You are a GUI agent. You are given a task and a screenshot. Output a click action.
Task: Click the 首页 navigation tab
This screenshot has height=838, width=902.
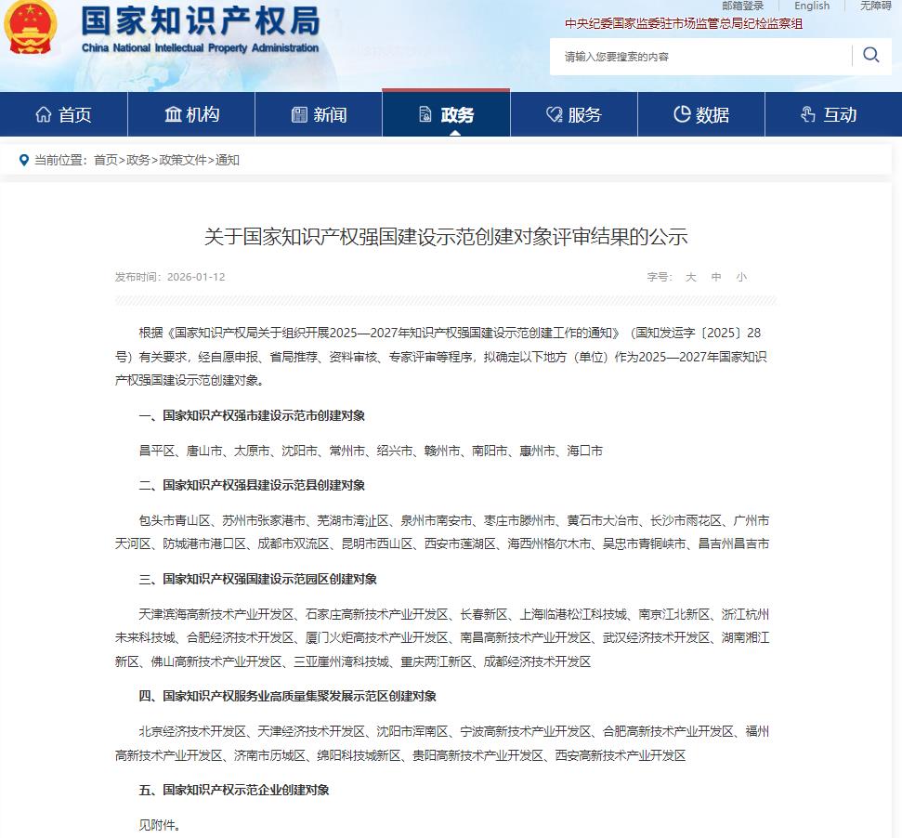pyautogui.click(x=63, y=114)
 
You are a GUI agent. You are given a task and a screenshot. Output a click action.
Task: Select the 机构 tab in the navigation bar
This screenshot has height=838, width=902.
pyautogui.click(x=191, y=114)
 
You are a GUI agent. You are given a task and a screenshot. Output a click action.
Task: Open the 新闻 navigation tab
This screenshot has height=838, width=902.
pyautogui.click(x=319, y=114)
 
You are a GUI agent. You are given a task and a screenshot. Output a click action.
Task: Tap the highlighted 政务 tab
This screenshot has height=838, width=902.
pyautogui.click(x=446, y=114)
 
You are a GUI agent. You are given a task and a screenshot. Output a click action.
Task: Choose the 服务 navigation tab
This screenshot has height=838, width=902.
pyautogui.click(x=573, y=114)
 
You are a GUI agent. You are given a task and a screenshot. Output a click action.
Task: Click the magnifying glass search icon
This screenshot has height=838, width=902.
pyautogui.click(x=870, y=55)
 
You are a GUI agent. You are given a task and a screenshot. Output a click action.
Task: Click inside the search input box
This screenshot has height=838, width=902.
pyautogui.click(x=701, y=57)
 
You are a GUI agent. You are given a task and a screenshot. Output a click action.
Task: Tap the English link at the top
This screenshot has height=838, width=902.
pyautogui.click(x=812, y=6)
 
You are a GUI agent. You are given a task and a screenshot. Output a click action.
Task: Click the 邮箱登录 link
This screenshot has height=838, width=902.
pyautogui.click(x=742, y=6)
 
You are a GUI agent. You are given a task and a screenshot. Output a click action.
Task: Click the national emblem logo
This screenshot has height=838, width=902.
pyautogui.click(x=30, y=29)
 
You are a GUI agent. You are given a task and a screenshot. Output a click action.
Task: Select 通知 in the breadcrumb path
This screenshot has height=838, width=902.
pyautogui.click(x=228, y=160)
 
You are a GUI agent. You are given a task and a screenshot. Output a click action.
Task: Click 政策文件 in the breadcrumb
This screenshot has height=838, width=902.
pyautogui.click(x=183, y=160)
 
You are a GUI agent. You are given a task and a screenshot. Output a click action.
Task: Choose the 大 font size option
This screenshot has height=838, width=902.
pyautogui.click(x=690, y=277)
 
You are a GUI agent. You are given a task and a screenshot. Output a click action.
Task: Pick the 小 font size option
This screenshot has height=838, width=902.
pyautogui.click(x=741, y=277)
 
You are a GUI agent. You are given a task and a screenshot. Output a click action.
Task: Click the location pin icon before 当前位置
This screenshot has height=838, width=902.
pyautogui.click(x=24, y=160)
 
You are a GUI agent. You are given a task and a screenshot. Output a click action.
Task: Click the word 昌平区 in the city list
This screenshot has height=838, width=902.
pyautogui.click(x=157, y=451)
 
